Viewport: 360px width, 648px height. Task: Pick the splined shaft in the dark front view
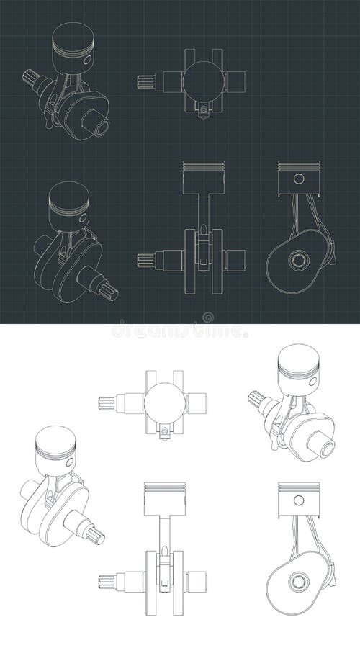coord(146,260)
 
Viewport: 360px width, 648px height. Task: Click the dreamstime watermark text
coord(180,331)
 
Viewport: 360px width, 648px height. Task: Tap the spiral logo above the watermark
coord(208,317)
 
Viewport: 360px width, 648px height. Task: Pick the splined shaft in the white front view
coord(108,580)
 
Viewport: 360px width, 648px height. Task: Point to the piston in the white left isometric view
coord(54,450)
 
